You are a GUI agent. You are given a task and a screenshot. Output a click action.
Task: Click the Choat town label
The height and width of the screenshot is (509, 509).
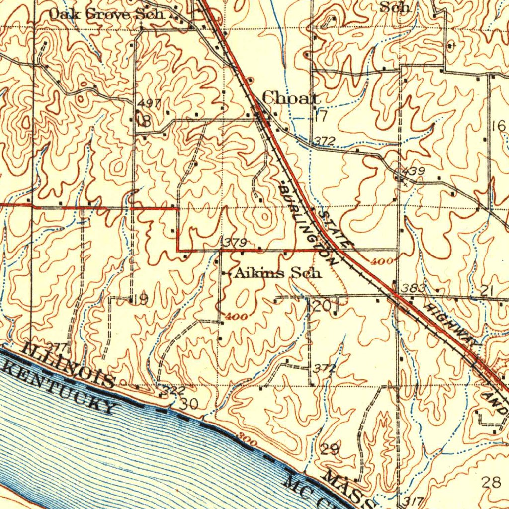tap(291, 98)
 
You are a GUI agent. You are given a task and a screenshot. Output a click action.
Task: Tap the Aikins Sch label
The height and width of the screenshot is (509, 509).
tap(278, 273)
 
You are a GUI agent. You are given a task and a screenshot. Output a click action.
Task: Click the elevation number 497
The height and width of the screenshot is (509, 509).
tap(149, 103)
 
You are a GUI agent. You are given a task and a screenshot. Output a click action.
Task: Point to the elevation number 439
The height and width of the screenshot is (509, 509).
tap(414, 171)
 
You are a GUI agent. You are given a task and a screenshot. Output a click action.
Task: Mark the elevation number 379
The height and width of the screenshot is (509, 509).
tap(233, 243)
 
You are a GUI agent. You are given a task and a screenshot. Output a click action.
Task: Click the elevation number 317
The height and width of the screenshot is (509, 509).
tap(414, 501)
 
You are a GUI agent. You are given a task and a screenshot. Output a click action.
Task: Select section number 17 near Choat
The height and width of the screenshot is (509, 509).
tap(321, 117)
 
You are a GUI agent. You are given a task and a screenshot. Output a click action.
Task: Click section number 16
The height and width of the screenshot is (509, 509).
tap(498, 126)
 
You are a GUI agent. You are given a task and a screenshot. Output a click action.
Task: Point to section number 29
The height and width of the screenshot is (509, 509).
tap(330, 450)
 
